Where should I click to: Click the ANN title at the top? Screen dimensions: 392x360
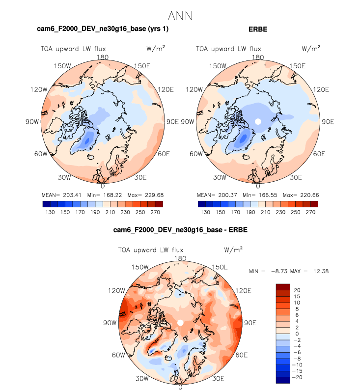[x=180, y=16]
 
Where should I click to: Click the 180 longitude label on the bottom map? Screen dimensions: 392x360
[x=180, y=258]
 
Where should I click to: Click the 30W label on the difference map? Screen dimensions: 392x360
[x=142, y=379]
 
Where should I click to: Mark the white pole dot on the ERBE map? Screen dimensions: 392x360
[x=258, y=121]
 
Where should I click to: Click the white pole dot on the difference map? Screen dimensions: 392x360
[x=180, y=323]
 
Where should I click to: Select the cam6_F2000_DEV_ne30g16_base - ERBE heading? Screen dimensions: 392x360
[x=180, y=231]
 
